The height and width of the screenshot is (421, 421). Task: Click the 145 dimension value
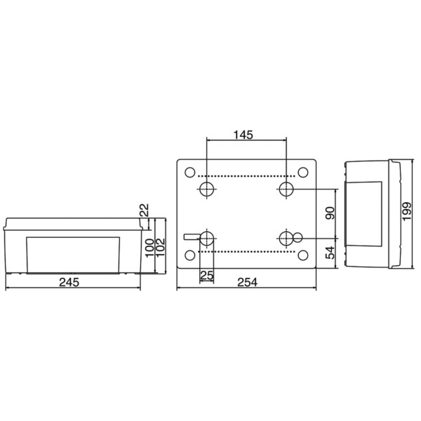pyautogui.click(x=243, y=133)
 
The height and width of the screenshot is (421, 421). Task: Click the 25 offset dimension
pyautogui.click(x=206, y=275)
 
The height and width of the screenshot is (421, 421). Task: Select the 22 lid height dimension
pyautogui.click(x=144, y=210)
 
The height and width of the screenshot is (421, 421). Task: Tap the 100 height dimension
pyautogui.click(x=149, y=248)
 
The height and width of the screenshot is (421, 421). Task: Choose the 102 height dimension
pyautogui.click(x=161, y=248)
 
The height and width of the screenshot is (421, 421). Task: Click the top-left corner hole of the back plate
pyautogui.click(x=190, y=172)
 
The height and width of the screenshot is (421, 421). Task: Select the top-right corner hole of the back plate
pyautogui.click(x=303, y=172)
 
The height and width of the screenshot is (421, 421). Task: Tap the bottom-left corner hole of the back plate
pyautogui.click(x=190, y=255)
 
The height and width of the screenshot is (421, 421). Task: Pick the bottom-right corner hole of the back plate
pyautogui.click(x=303, y=255)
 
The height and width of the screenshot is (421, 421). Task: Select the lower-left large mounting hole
pyautogui.click(x=207, y=238)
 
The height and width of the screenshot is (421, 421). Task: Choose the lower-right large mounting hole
pyautogui.click(x=286, y=238)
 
